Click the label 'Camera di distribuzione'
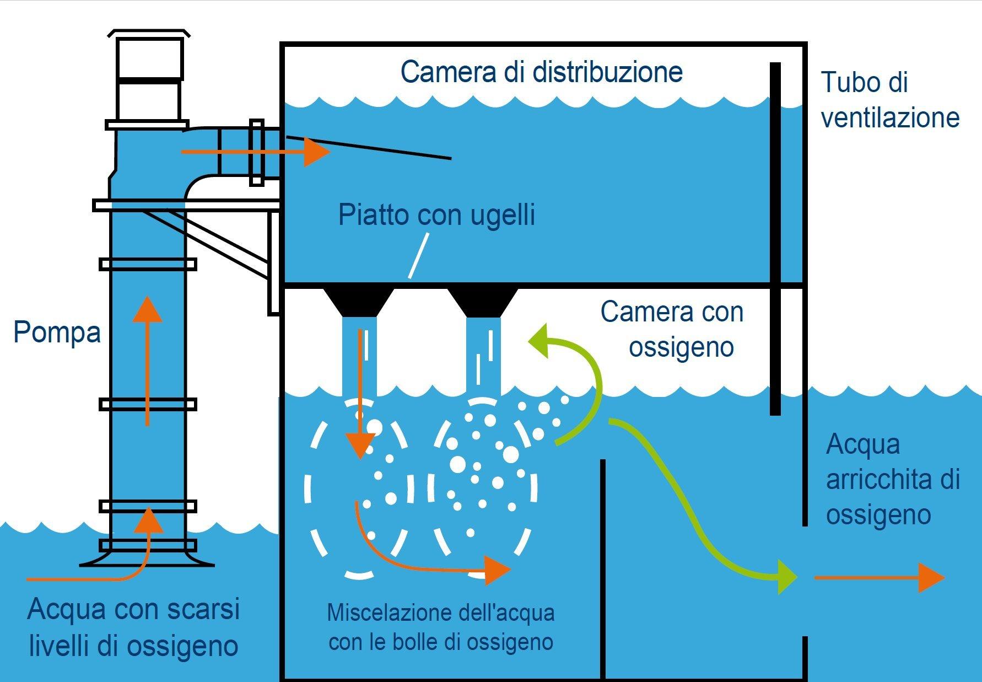pos(542,72)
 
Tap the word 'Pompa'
pos(57,332)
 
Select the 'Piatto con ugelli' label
pos(436,214)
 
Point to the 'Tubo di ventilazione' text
pos(889,100)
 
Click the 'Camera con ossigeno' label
pos(672,329)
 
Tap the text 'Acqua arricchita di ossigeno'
pos(892,479)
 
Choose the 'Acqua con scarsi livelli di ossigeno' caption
pos(133,627)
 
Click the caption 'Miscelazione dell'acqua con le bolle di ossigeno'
pos(440,627)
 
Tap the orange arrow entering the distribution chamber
pos(256,152)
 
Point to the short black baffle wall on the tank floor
pos(603,568)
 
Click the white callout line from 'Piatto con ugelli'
pos(418,255)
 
